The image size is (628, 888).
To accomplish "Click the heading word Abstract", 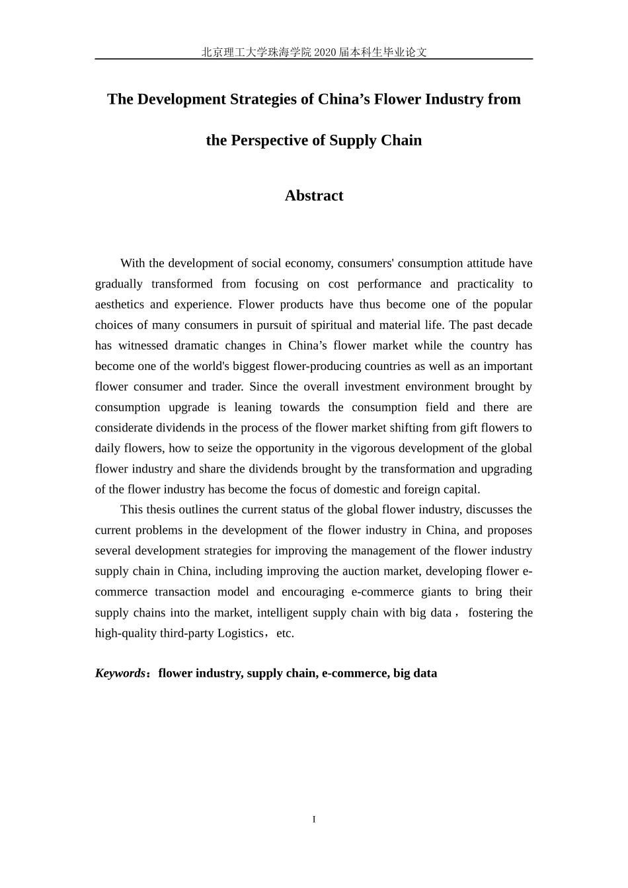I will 313,196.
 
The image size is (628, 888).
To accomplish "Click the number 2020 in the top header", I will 325,52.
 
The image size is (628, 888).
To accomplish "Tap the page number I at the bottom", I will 314,819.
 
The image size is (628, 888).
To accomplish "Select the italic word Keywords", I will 120,673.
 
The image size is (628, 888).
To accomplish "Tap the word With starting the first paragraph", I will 132,263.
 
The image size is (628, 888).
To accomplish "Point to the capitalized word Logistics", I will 237,633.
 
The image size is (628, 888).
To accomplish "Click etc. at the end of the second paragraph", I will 285,633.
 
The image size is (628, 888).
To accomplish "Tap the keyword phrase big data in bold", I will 415,673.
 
